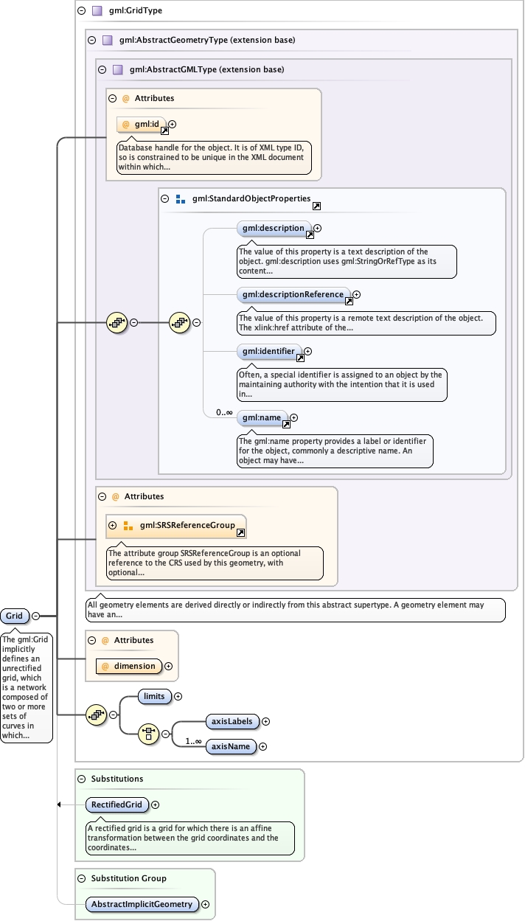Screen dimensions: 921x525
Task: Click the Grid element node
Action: click(x=15, y=616)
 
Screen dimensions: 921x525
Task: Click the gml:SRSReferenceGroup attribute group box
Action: click(x=177, y=526)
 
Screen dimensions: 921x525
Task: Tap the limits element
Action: click(x=155, y=696)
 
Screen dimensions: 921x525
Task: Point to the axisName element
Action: click(x=231, y=746)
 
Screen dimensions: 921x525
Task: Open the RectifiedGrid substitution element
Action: click(x=117, y=804)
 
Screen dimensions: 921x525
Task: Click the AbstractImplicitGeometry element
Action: click(x=142, y=904)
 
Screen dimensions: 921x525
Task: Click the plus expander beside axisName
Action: click(x=262, y=746)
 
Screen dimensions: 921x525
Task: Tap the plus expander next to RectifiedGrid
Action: click(x=155, y=804)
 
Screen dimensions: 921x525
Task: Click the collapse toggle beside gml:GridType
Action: click(x=81, y=10)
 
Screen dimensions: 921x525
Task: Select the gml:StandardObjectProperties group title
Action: click(x=251, y=199)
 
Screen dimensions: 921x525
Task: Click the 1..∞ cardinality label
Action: click(x=194, y=740)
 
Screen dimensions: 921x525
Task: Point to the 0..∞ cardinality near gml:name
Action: click(x=224, y=412)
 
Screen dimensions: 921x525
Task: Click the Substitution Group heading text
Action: click(x=128, y=878)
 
